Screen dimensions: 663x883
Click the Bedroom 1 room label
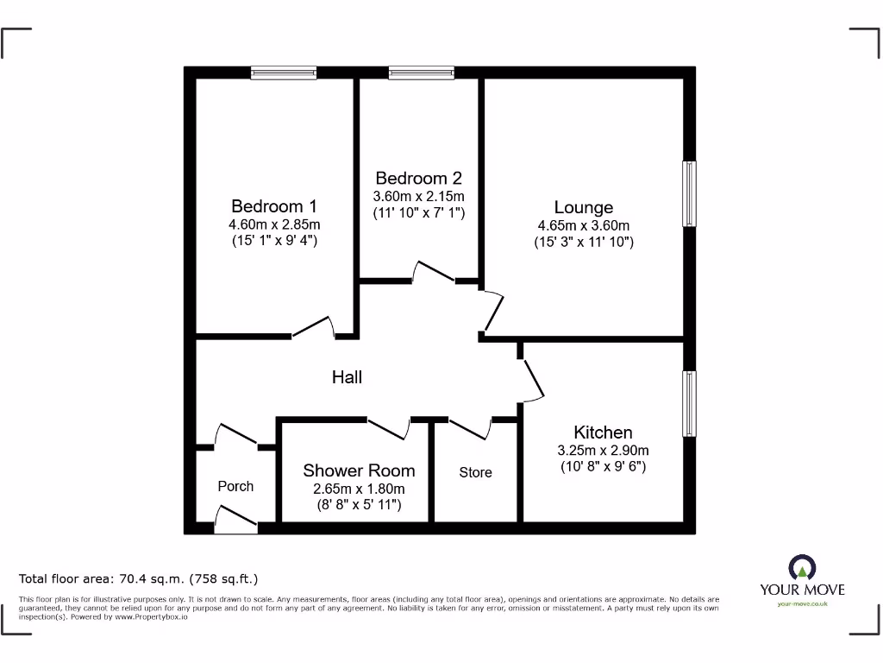coord(274,206)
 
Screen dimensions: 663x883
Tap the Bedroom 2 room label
coord(418,179)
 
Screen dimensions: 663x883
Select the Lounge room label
coord(584,207)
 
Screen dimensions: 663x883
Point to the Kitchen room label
coord(603,433)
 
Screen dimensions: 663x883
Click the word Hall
coord(348,377)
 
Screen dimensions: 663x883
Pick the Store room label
coord(475,472)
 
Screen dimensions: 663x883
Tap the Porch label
coord(235,486)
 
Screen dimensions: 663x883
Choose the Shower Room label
coord(359,470)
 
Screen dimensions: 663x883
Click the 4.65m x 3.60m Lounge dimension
coord(584,225)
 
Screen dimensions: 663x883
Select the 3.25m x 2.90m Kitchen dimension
coord(603,450)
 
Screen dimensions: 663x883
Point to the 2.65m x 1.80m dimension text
coord(359,488)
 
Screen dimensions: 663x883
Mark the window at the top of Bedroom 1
coord(284,73)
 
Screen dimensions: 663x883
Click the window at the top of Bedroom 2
coord(422,73)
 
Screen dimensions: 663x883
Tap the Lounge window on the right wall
coord(690,193)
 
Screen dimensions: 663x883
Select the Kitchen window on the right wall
coord(690,403)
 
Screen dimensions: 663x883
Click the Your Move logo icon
coord(802,568)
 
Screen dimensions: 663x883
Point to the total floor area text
coord(139,578)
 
